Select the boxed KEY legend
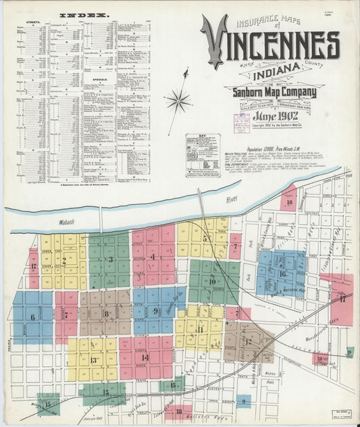(x=203, y=154)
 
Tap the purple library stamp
(x=241, y=124)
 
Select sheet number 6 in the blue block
(x=32, y=317)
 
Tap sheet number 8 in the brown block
(x=106, y=313)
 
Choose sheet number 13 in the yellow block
(x=93, y=360)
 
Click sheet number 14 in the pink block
(x=145, y=357)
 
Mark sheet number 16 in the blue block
(x=282, y=274)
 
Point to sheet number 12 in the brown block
(x=249, y=341)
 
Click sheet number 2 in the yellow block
(x=64, y=260)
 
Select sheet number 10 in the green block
(x=212, y=282)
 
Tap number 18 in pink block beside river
(x=289, y=201)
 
